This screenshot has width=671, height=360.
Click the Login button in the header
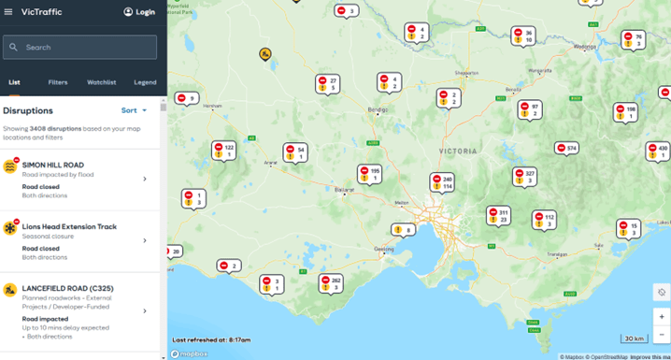[x=139, y=12]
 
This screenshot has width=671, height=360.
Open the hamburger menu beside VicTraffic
[x=8, y=12]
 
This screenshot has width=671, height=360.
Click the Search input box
[x=79, y=47]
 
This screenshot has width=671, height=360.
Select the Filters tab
[x=57, y=82]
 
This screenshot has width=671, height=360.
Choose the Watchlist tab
[x=101, y=82]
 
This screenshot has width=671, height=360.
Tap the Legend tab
[x=145, y=82]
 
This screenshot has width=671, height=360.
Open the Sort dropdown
[x=135, y=110]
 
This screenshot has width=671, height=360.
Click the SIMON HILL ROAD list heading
[x=53, y=165]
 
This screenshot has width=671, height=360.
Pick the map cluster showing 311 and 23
[x=498, y=216]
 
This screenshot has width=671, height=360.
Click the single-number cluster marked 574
[x=566, y=148]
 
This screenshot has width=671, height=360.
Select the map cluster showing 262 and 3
[x=331, y=283]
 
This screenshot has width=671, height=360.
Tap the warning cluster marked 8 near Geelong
[x=403, y=229]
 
